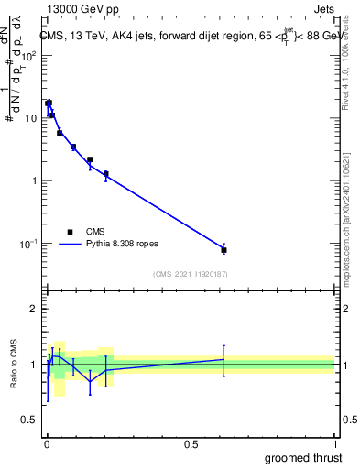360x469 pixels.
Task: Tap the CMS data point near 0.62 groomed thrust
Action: pos(224,249)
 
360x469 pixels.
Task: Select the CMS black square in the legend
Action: pos(71,232)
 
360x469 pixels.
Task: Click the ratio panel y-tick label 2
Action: pos(33,309)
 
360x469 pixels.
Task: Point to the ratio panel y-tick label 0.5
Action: pos(29,420)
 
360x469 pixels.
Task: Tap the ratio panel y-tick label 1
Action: pos(33,365)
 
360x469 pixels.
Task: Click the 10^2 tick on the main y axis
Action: pos(28,55)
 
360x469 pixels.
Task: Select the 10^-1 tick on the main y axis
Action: pos(28,243)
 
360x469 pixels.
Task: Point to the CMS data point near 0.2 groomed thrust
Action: pos(106,173)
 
